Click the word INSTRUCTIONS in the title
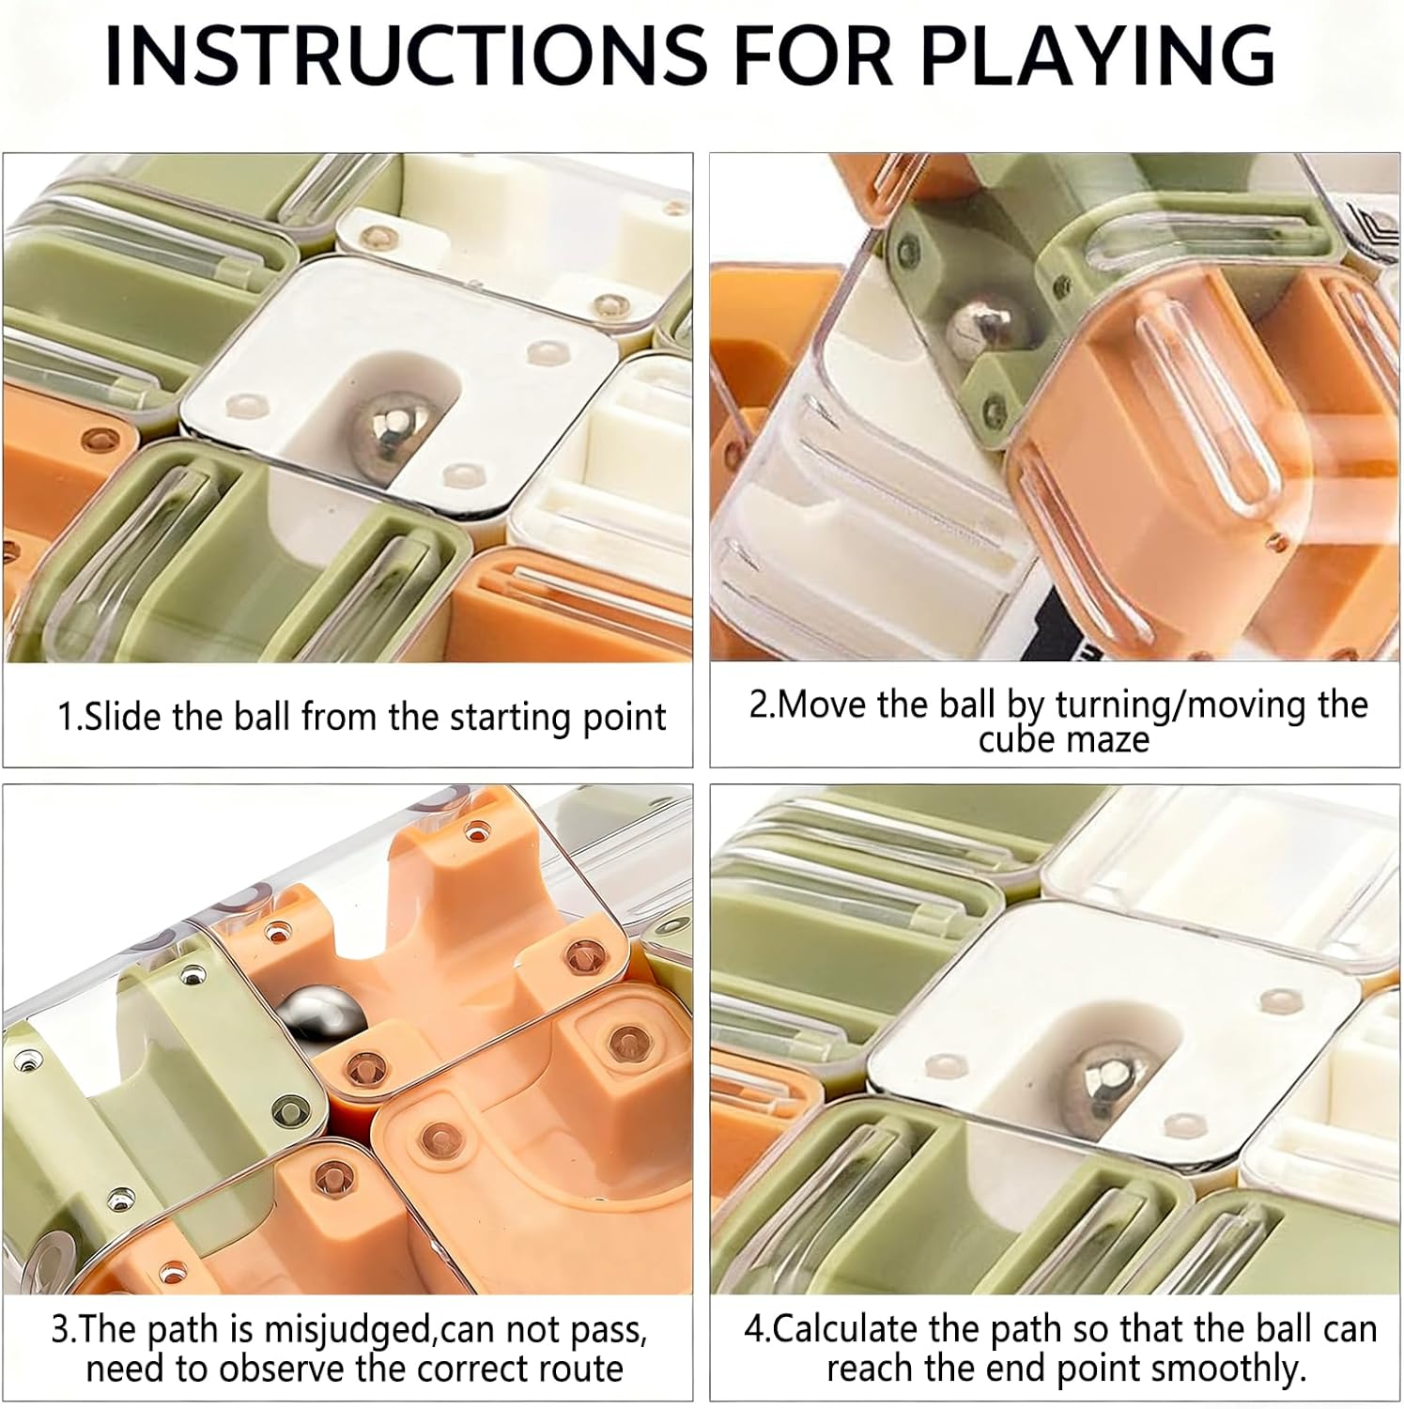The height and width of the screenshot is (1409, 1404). point(406,56)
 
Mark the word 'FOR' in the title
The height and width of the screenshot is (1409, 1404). point(812,56)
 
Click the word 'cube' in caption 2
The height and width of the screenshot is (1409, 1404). point(1018,740)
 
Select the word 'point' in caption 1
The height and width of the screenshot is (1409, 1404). point(626,719)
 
